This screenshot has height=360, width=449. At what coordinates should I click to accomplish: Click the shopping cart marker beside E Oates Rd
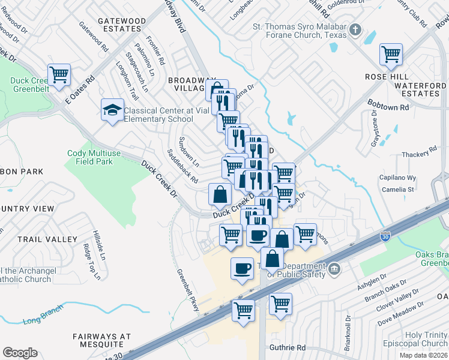tap(59, 76)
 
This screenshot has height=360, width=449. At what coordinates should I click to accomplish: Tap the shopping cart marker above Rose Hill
tap(391, 55)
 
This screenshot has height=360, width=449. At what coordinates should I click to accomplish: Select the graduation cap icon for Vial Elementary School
tap(112, 110)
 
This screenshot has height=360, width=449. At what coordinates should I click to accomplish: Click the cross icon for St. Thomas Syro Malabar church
tap(355, 29)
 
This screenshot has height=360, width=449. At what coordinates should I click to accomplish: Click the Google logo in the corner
tap(20, 353)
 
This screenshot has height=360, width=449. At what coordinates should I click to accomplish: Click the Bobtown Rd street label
tap(388, 106)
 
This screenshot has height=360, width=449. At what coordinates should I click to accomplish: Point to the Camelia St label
tap(399, 189)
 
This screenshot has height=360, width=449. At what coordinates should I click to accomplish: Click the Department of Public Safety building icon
tap(334, 268)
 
